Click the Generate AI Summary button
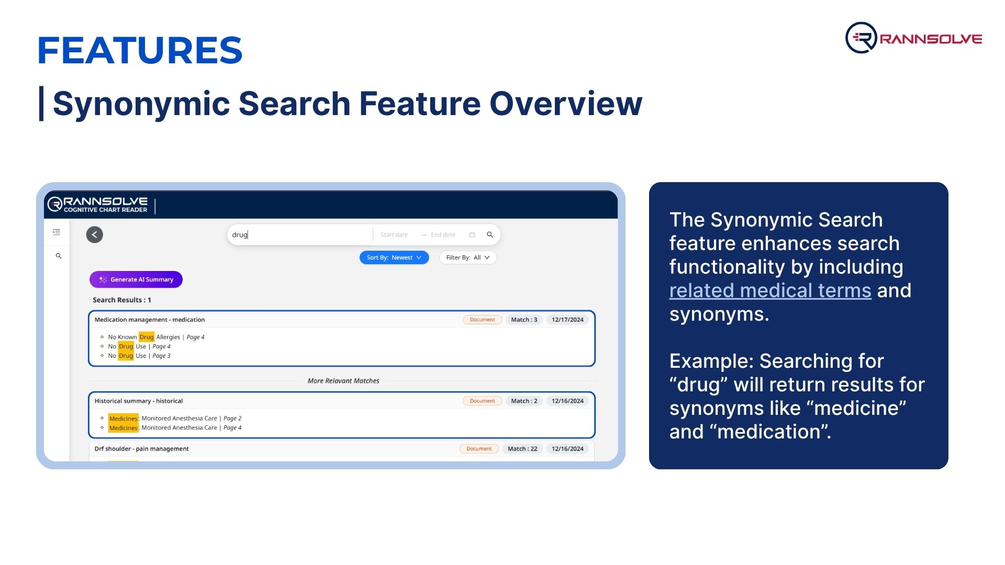[x=136, y=279]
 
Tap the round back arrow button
[x=95, y=234]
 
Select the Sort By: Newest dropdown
[x=394, y=257]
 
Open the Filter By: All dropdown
[x=468, y=257]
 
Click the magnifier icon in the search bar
[x=490, y=235]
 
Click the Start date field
[x=394, y=235]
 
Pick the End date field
[x=443, y=235]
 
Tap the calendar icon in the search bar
[x=472, y=235]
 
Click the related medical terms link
[x=770, y=290]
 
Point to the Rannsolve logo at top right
[x=914, y=38]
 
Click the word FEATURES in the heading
[x=140, y=50]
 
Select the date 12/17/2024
[x=567, y=320]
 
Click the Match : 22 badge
[x=522, y=449]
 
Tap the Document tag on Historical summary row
[x=482, y=401]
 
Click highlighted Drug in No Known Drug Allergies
[x=147, y=337]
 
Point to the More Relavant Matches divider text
[x=343, y=381]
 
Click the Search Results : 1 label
[x=122, y=300]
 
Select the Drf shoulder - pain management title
[x=142, y=449]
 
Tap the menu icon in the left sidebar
[x=57, y=232]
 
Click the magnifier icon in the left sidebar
[x=59, y=256]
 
